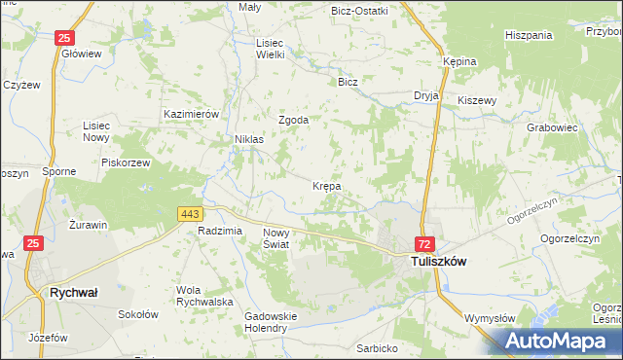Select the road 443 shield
(190, 213)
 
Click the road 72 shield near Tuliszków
(424, 242)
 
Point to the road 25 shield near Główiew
(63, 38)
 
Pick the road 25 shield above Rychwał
(34, 242)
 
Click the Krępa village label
(326, 184)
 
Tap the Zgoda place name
(293, 120)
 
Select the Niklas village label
(248, 139)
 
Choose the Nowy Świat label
(277, 238)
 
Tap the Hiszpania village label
(529, 35)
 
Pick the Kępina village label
(459, 61)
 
